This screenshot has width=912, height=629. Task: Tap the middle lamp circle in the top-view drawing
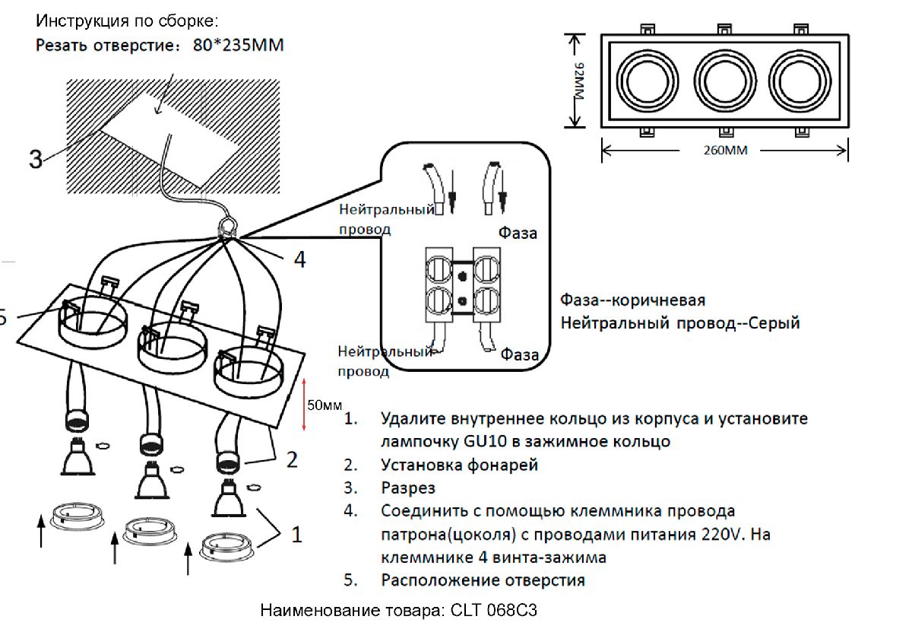click(x=723, y=79)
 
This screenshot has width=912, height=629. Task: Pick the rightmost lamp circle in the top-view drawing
click(x=799, y=79)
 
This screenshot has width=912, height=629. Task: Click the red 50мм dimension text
click(x=324, y=405)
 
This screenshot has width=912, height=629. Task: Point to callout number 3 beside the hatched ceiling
click(x=36, y=160)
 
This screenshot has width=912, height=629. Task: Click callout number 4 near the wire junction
click(x=299, y=260)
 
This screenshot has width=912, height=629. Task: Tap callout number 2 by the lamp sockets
click(x=292, y=459)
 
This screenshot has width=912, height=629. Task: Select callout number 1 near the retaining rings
click(x=296, y=535)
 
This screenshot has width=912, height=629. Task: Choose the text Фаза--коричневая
click(x=633, y=300)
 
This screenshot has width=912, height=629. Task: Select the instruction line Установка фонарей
click(x=459, y=465)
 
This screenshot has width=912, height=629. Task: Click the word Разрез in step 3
click(x=408, y=488)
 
